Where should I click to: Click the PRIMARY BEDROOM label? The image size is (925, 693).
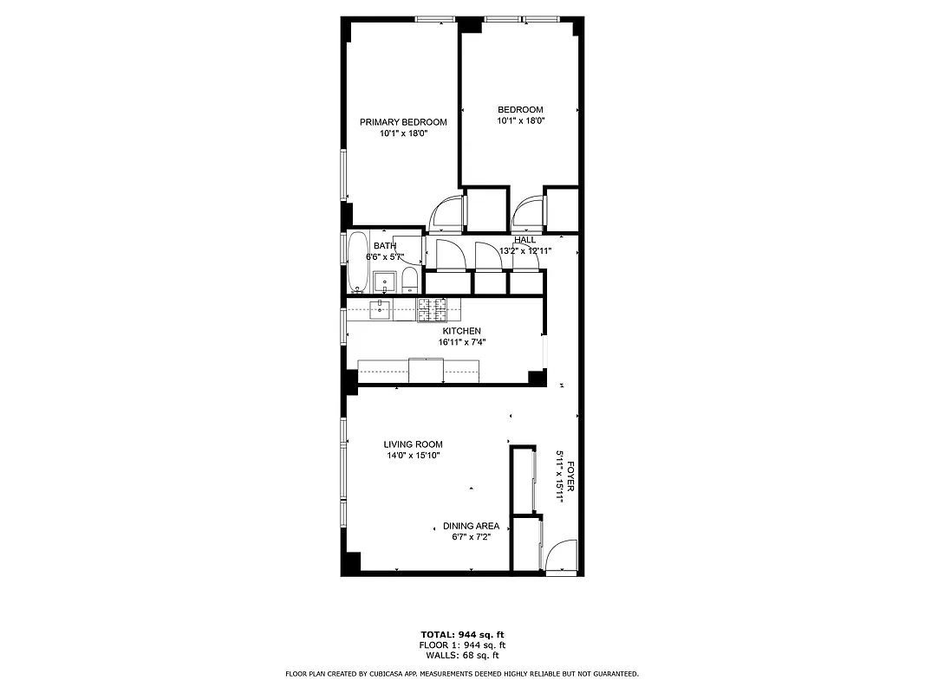coord(403,122)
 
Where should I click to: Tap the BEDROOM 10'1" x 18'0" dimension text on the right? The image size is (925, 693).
coord(520,121)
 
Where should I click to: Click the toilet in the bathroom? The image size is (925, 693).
coord(410,280)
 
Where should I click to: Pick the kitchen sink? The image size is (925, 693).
coord(381,309)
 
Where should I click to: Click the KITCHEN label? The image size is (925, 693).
coord(461,331)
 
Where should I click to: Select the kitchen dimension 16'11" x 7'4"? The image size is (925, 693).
coord(461,342)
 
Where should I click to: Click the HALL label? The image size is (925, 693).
coord(524,240)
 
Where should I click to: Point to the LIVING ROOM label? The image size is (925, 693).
coord(414,444)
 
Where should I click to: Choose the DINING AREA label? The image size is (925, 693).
coord(471,526)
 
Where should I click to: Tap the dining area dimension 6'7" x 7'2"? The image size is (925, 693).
coord(471,537)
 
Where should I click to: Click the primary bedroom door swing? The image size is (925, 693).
coord(448,215)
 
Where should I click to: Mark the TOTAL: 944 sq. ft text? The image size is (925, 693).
coord(462,634)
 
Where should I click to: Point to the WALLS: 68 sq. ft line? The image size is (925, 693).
coord(462,656)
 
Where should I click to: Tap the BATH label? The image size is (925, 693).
coord(385,246)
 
